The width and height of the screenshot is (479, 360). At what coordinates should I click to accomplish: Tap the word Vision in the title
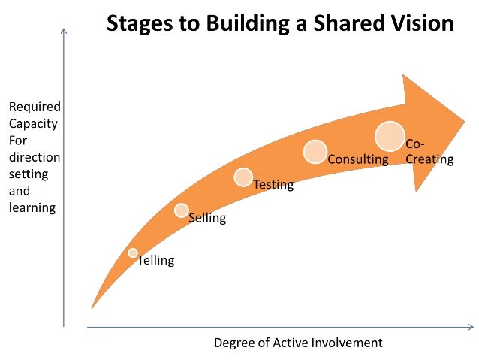(420, 23)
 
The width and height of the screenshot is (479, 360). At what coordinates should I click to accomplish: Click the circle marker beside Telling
(133, 253)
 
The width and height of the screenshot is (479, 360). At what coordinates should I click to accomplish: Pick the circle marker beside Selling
(182, 210)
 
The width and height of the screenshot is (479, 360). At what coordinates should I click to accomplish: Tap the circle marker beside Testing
(243, 177)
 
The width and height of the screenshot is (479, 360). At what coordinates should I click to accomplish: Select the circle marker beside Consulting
(315, 151)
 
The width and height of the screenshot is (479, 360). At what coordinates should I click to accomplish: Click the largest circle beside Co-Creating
(390, 136)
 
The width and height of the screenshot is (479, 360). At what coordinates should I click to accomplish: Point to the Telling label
(155, 261)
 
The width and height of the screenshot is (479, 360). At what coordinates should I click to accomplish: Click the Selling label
(206, 219)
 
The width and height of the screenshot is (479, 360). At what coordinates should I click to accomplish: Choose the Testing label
(273, 184)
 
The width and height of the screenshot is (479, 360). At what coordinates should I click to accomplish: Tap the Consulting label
(358, 159)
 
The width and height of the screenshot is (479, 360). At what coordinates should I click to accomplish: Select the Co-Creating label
(429, 152)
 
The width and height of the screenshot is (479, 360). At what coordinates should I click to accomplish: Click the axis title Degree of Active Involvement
(298, 343)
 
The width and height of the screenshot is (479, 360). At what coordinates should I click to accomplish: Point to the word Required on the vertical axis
(35, 107)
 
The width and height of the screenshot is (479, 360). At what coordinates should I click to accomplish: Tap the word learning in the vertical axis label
(31, 207)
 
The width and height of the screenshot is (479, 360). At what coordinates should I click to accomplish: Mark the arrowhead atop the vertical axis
(64, 32)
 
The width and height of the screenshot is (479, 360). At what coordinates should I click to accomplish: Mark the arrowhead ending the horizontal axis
(471, 327)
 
